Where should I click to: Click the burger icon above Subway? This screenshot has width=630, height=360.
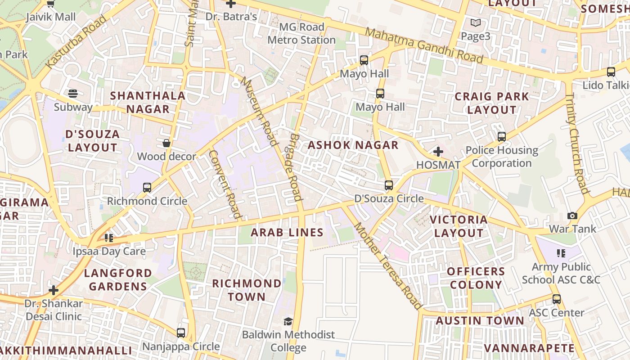coord(73,94)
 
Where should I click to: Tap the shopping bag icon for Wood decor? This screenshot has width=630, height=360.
coord(166,143)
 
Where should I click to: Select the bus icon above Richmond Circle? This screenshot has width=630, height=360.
coord(147,188)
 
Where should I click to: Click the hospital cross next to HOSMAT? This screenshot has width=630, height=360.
coord(438,152)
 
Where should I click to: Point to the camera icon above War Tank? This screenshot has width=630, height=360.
coord(572,216)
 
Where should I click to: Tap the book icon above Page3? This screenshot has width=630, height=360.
coord(475,22)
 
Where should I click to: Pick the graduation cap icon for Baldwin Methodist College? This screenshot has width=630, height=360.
coord(288,321)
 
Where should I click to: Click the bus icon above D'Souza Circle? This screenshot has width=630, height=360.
coord(389,185)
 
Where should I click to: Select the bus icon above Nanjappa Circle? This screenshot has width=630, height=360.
coord(181,333)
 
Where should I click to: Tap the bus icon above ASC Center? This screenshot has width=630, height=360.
coord(557,299)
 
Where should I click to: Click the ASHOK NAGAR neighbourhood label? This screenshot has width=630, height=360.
coord(353,145)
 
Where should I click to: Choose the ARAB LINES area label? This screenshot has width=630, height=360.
coord(287,232)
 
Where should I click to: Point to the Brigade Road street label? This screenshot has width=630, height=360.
coord(295,166)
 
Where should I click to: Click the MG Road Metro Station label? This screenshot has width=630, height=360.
coord(301,33)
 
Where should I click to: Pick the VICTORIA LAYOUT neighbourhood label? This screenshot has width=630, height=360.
coord(459,226)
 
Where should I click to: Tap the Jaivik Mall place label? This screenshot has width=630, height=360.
coord(50,17)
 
